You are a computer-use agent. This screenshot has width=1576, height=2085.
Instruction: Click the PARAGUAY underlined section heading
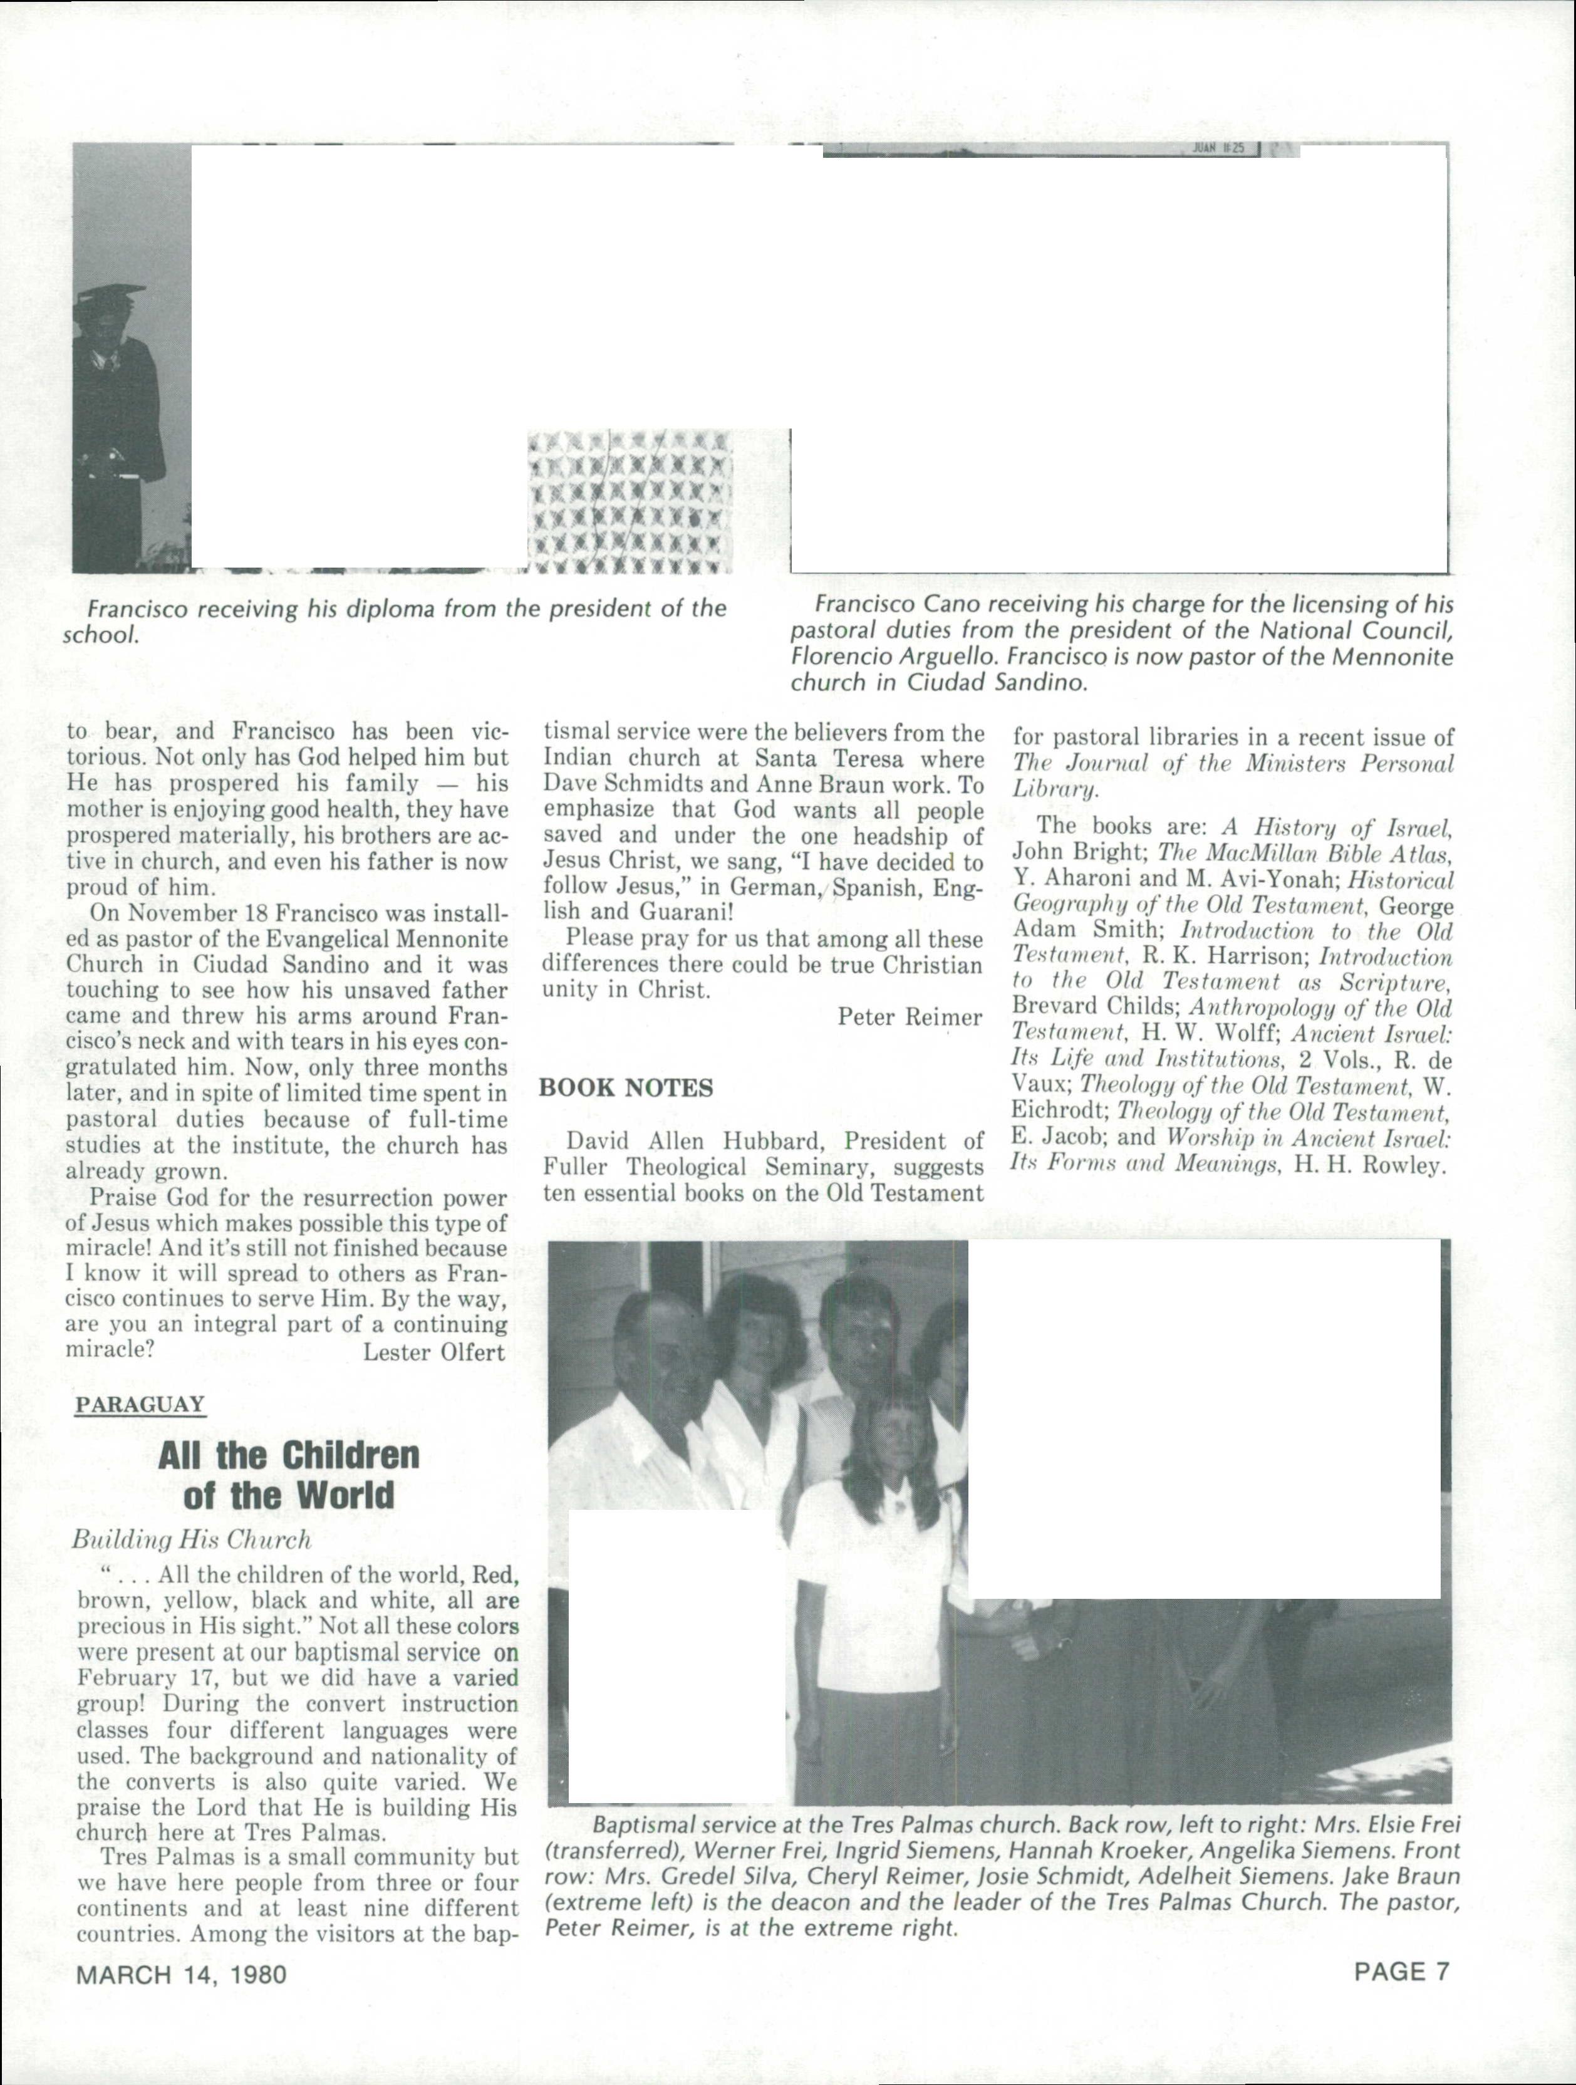(140, 1405)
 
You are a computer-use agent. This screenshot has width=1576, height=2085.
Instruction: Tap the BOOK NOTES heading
(626, 1088)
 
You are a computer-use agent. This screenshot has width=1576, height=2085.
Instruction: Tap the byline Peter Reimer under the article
(910, 1017)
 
